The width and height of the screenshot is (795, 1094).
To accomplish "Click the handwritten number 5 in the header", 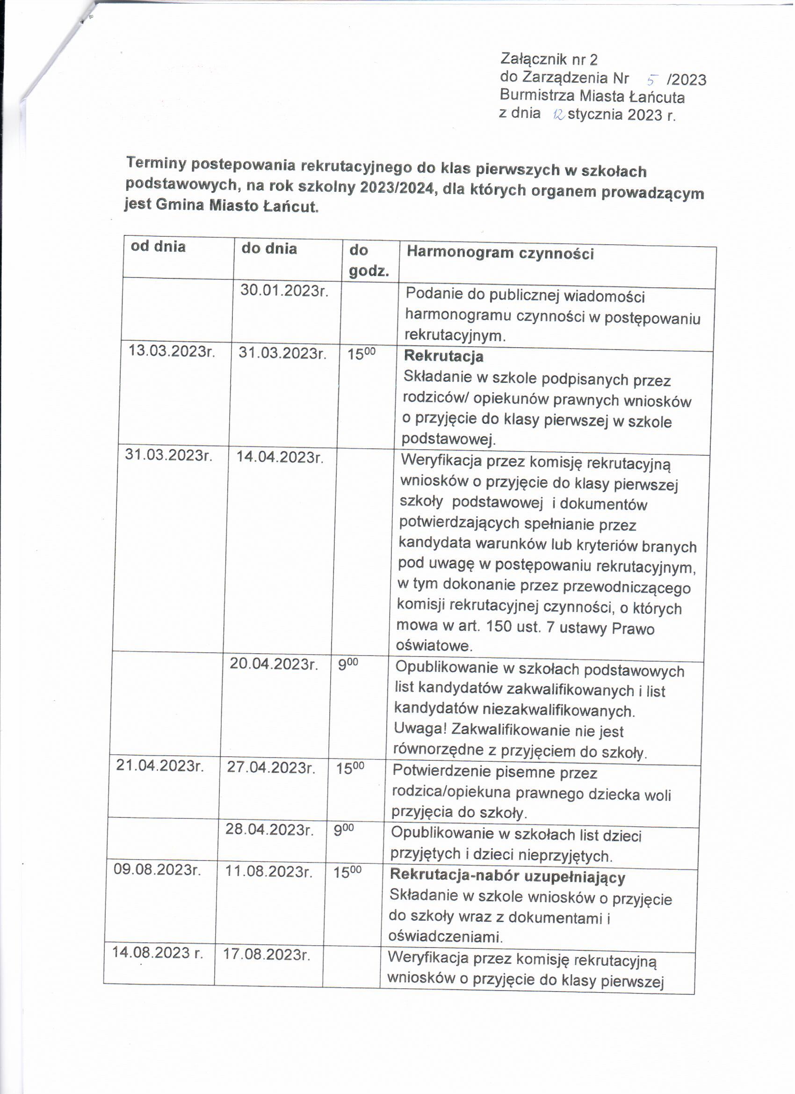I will [x=653, y=80].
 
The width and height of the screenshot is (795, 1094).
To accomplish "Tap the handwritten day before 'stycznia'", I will [x=560, y=114].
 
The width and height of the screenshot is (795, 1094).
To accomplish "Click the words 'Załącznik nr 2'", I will [x=549, y=59].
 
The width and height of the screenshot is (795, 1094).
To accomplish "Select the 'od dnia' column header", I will [x=158, y=247].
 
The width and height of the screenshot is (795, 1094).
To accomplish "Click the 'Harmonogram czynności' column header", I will [x=501, y=253].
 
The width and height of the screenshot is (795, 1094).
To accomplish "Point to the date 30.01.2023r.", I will [x=284, y=291].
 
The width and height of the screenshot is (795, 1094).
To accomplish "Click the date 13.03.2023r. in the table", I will [x=172, y=351].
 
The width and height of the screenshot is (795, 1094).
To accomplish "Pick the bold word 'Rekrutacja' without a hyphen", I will [x=444, y=357].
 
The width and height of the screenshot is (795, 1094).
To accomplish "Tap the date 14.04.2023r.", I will [x=280, y=457].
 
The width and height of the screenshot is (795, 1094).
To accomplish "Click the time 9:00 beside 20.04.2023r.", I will [x=347, y=665].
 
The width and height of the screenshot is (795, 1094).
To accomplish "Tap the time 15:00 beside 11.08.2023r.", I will [x=347, y=872].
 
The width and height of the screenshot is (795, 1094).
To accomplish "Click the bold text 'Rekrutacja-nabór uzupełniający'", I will [x=508, y=876].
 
